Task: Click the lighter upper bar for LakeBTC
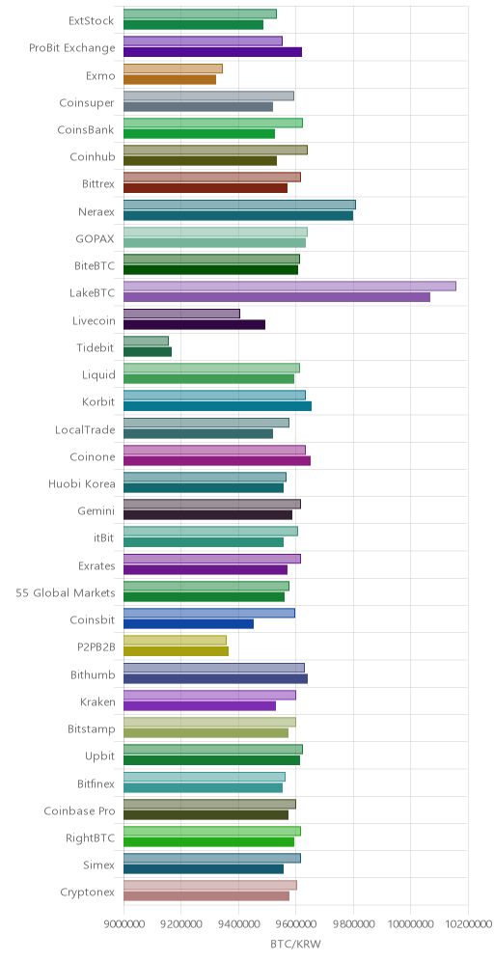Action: (x=289, y=287)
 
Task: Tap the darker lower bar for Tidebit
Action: (x=148, y=352)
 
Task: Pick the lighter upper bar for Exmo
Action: (x=173, y=69)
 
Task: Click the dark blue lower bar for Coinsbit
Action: (x=189, y=624)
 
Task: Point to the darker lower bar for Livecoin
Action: (x=194, y=324)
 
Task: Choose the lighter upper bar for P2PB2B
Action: (x=175, y=641)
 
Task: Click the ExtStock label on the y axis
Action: (x=92, y=21)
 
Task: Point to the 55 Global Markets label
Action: (x=66, y=592)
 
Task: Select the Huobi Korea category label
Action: (x=81, y=484)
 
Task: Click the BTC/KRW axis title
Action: (x=295, y=944)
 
